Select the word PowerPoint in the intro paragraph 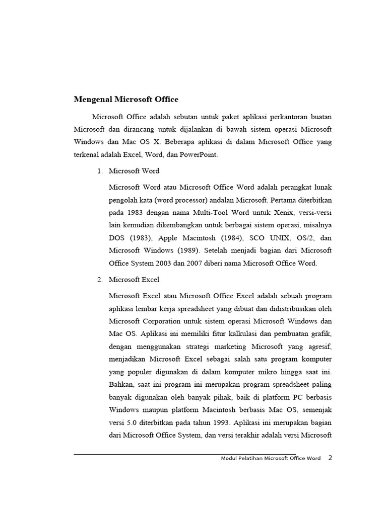click(201, 155)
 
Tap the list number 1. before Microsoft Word click(100, 171)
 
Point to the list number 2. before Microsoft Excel click(100, 279)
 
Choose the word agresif click(320, 346)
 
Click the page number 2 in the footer click(330, 458)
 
